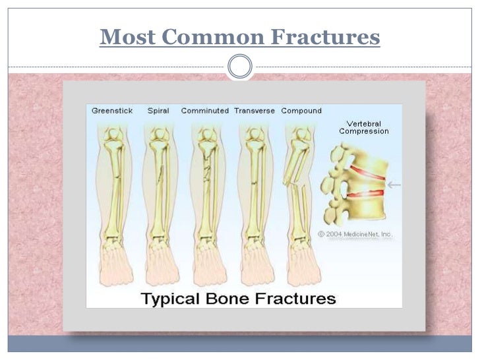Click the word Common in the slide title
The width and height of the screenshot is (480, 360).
point(212,38)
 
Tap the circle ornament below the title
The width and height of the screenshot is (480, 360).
point(239,67)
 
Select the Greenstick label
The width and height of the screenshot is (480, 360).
point(113,111)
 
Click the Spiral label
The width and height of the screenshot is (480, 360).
point(159,111)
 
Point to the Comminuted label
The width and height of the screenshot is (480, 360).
point(204,111)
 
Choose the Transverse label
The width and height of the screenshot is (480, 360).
point(255,111)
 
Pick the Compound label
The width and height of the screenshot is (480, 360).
point(301,111)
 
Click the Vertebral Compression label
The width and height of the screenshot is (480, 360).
point(363,127)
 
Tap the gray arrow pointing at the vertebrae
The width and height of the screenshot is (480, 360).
point(394,185)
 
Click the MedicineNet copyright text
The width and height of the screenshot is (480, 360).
point(355,233)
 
